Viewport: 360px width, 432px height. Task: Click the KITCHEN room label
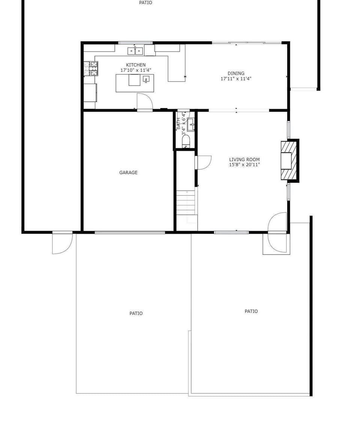[136, 65]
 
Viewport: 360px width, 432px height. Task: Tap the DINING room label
[236, 73]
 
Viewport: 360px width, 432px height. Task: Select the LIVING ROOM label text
[244, 159]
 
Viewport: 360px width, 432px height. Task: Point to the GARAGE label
[128, 173]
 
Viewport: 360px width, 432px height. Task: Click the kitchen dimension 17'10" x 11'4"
[136, 70]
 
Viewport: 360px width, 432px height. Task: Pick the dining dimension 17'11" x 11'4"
[236, 78]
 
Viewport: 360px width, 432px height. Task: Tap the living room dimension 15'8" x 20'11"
[244, 165]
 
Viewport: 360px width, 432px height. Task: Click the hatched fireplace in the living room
[289, 161]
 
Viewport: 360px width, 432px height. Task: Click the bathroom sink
[191, 125]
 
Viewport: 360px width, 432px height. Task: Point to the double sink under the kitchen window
[135, 51]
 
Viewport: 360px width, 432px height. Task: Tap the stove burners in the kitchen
[91, 69]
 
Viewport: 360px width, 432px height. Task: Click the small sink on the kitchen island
[146, 79]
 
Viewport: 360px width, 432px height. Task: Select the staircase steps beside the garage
[187, 203]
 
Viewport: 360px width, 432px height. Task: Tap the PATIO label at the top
[145, 3]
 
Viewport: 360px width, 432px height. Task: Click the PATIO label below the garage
[136, 313]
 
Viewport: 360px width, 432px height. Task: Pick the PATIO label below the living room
[251, 311]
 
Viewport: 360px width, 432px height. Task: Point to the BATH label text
[178, 124]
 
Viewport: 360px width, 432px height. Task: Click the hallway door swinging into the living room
[204, 163]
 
